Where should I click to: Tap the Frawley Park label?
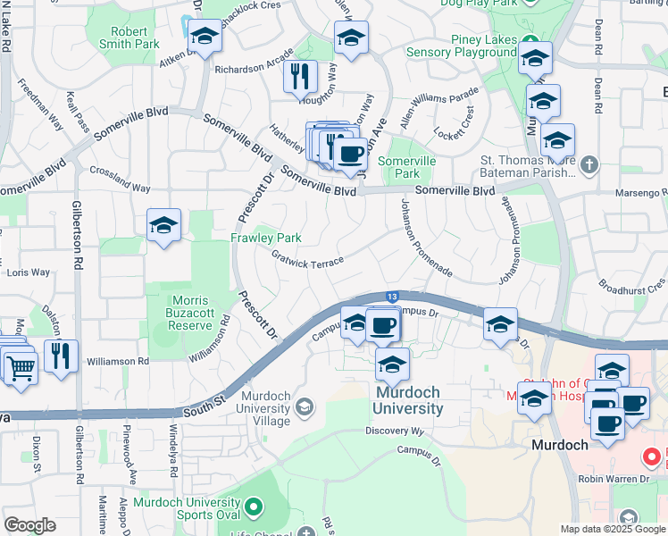point(266,238)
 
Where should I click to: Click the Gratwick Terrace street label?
point(307,260)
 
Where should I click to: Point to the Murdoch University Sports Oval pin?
point(254,507)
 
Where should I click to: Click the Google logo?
point(29,525)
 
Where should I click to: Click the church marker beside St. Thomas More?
point(589,164)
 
